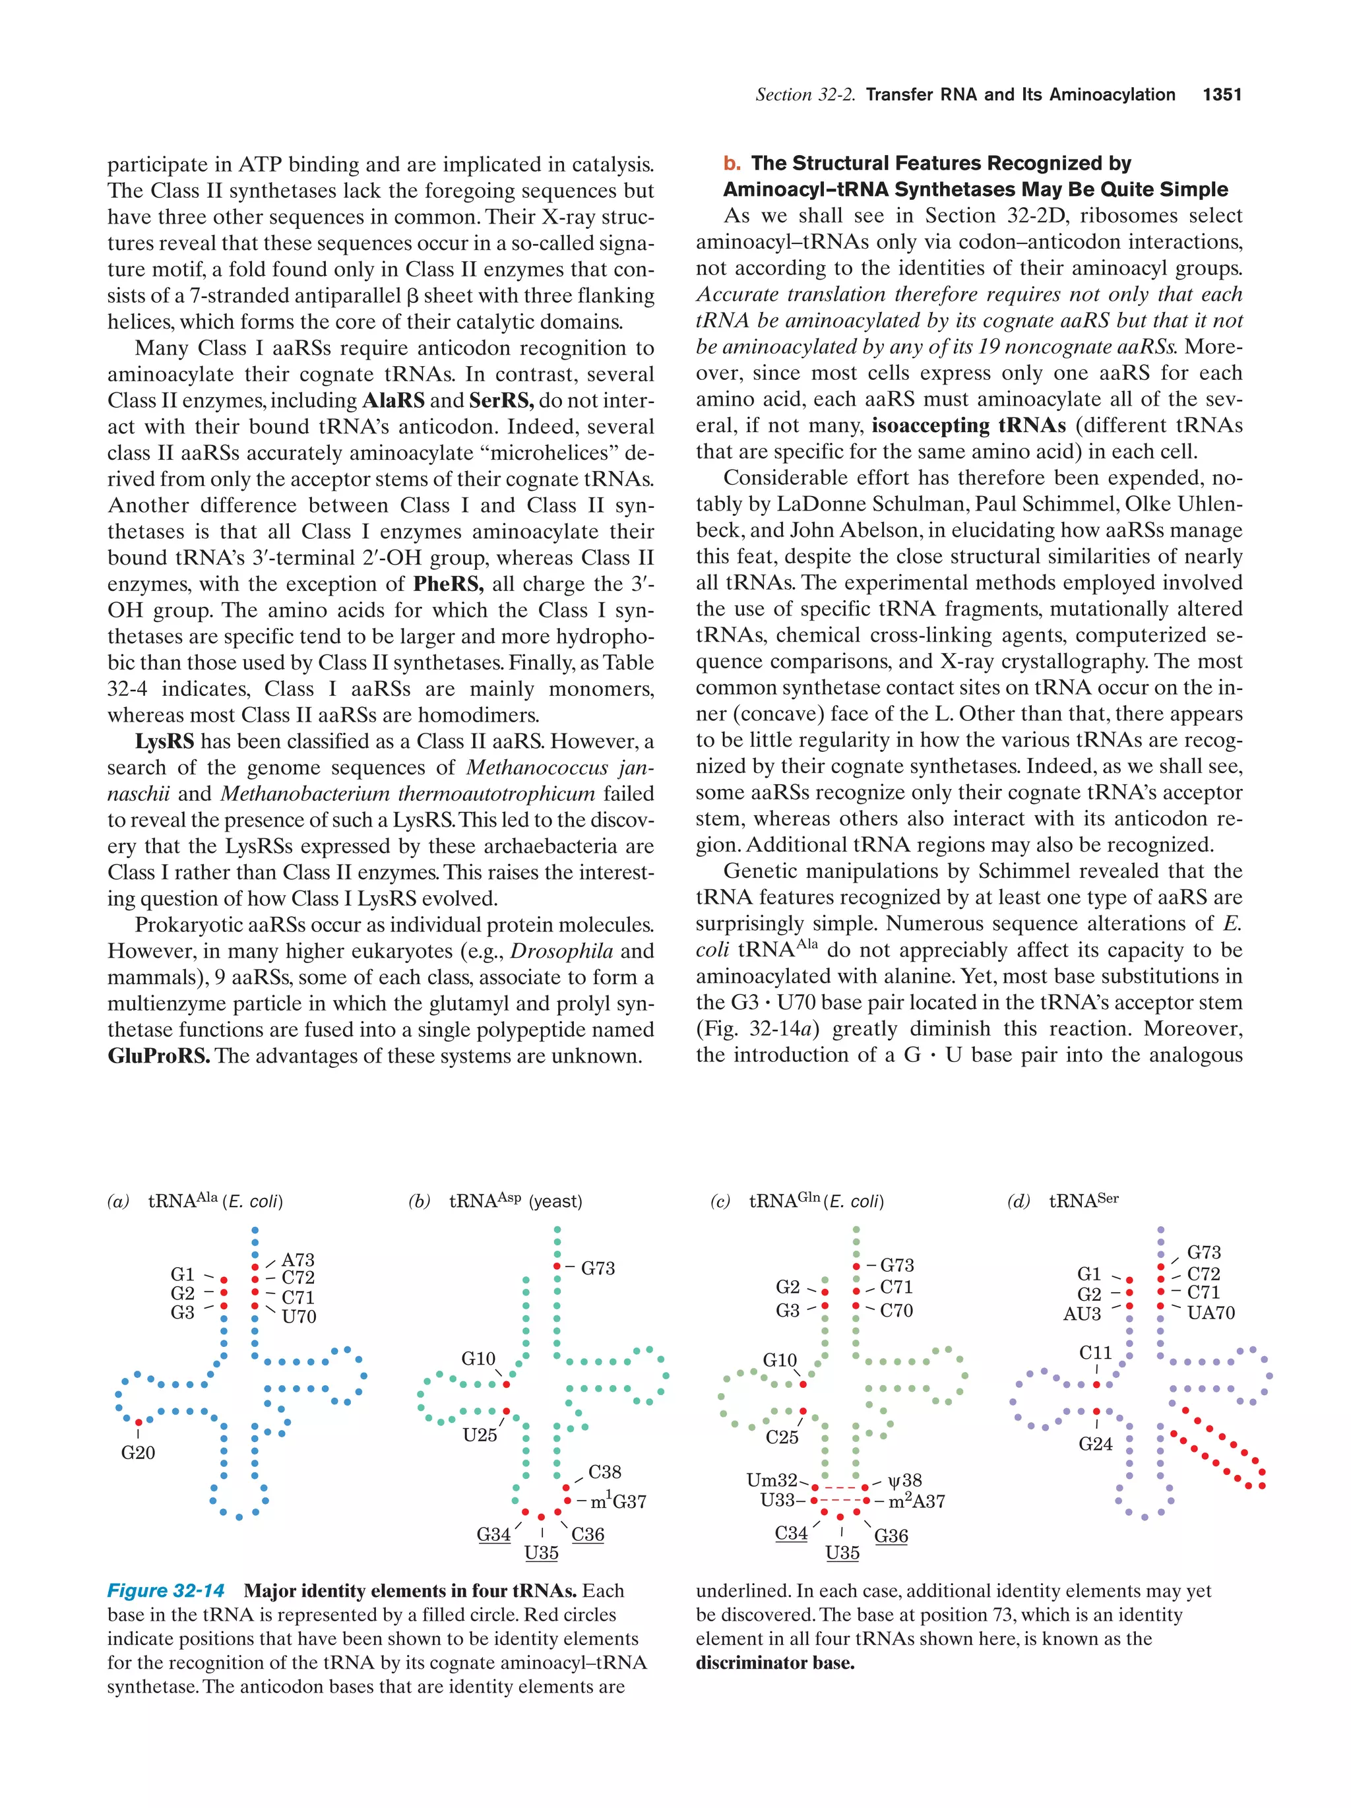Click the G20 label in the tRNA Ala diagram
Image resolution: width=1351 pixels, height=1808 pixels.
pos(137,1452)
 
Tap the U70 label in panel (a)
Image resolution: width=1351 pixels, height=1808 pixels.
pos(298,1316)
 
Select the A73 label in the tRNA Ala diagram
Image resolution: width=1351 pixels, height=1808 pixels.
pos(298,1260)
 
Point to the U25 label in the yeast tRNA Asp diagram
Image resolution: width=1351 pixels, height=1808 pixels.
pos(480,1435)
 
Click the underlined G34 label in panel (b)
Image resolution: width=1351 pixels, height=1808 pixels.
pos(493,1534)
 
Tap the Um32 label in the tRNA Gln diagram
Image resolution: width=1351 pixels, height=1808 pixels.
pos(772,1480)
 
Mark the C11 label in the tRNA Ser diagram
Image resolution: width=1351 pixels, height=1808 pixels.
pos(1095,1353)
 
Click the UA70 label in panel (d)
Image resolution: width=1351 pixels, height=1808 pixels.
pos(1210,1313)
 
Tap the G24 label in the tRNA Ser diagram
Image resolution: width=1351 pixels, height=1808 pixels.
pos(1095,1443)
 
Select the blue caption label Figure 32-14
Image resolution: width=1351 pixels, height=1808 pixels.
pos(166,1590)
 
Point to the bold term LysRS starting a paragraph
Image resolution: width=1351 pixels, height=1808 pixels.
pos(164,741)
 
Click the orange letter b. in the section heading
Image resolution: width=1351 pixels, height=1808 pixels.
pos(732,164)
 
